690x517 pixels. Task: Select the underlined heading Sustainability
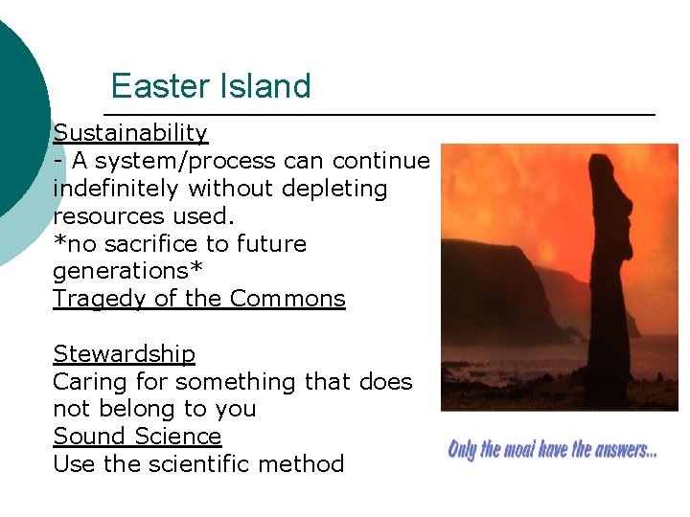pos(130,133)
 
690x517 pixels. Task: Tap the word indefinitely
pos(117,189)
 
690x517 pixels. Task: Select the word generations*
pos(127,271)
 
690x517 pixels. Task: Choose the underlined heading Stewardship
pos(124,354)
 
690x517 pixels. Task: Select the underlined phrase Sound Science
pos(137,437)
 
